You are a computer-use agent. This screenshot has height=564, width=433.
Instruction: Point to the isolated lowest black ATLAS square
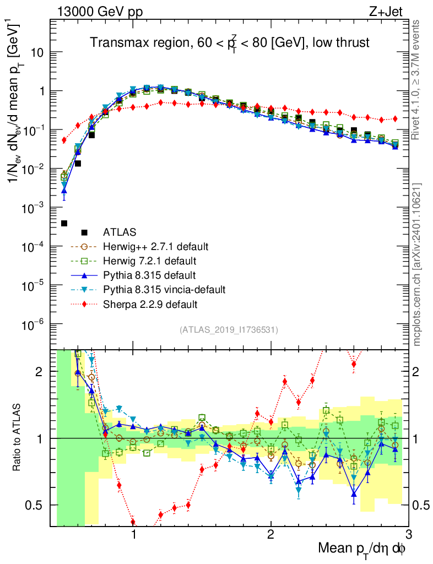tap(64, 223)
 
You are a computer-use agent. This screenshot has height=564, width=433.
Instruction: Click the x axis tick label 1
tap(133, 533)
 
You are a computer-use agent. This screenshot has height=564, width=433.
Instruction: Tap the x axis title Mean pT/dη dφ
tap(362, 549)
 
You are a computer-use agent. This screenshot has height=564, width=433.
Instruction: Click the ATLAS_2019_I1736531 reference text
tap(229, 330)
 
